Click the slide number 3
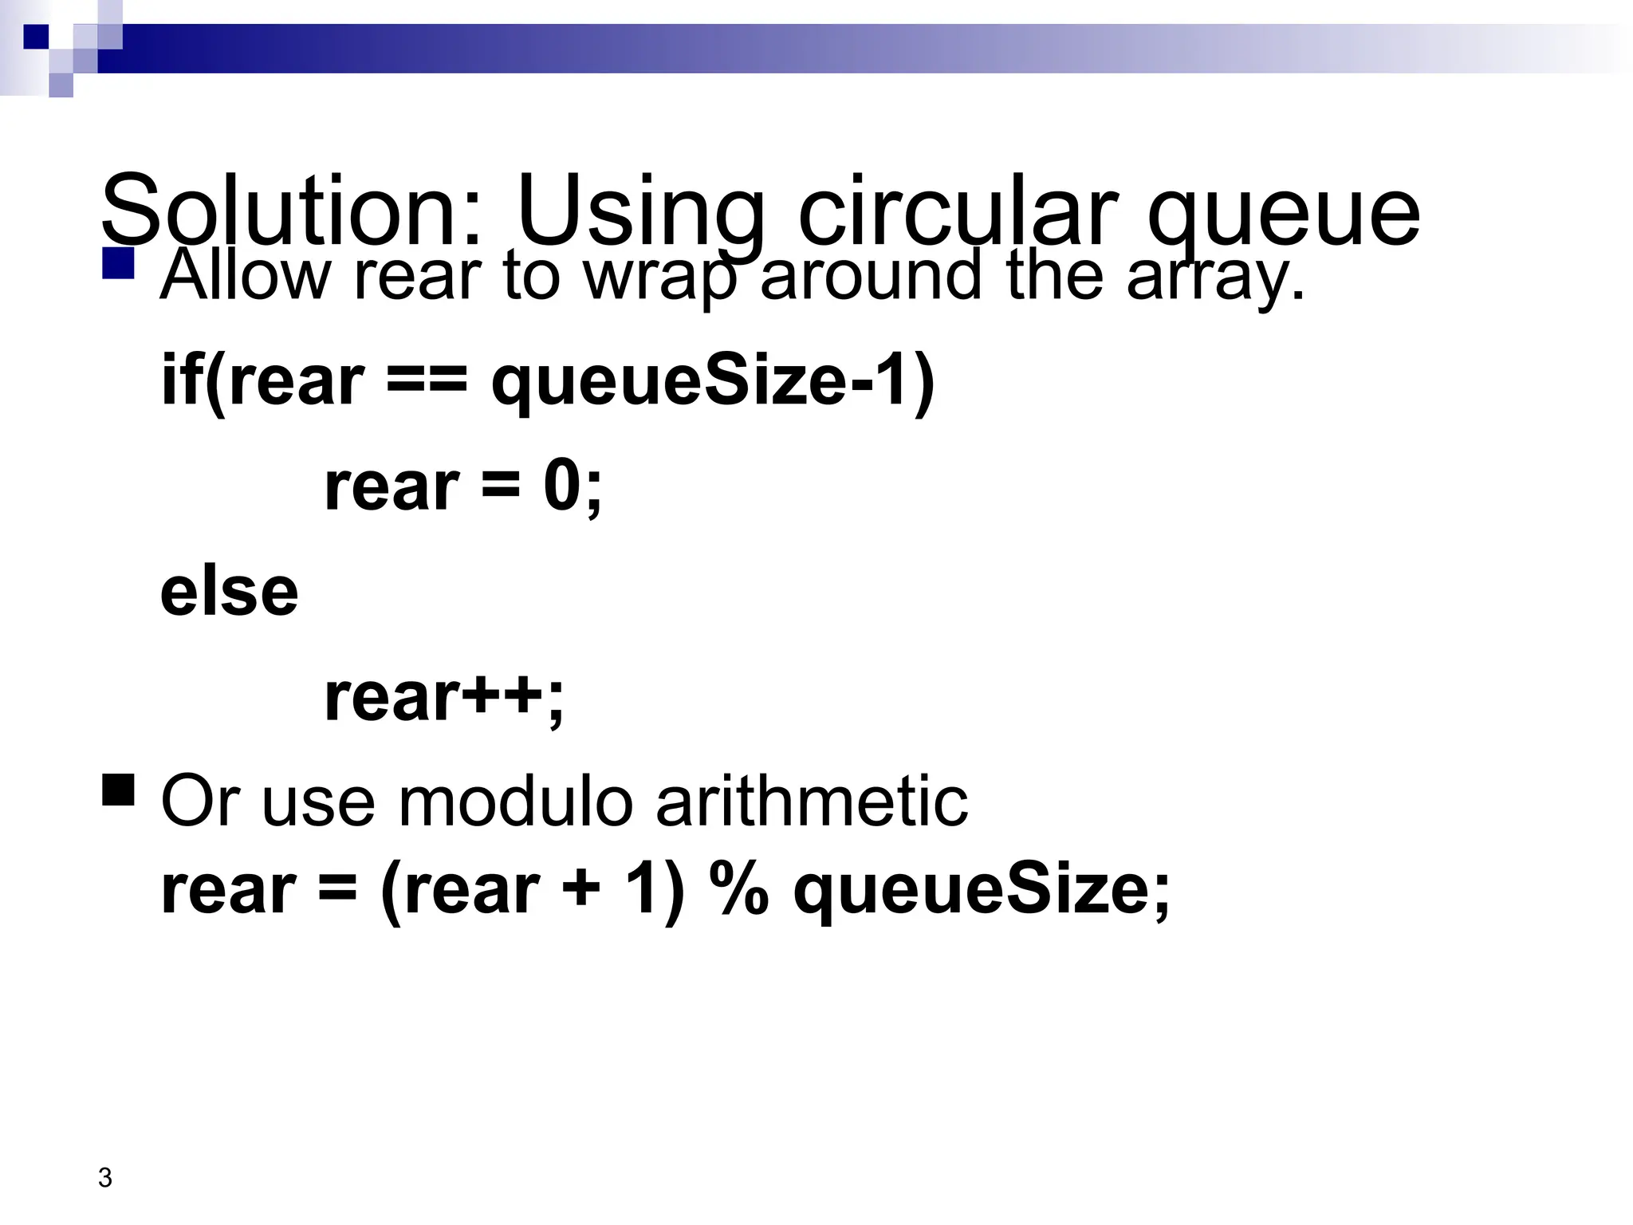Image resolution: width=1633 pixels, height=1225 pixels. (x=104, y=1177)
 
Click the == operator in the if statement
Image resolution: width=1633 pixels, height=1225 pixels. (x=426, y=380)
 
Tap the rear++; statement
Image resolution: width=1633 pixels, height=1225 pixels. (x=444, y=696)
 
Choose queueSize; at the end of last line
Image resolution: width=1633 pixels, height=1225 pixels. (x=982, y=892)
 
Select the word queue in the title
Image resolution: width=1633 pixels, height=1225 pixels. (x=1284, y=212)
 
